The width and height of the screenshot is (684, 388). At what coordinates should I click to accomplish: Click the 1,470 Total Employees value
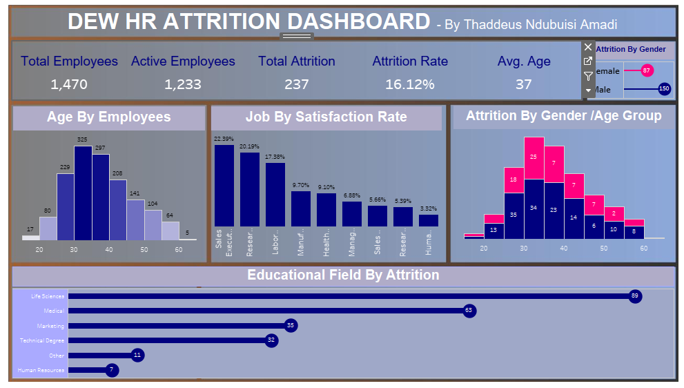69,84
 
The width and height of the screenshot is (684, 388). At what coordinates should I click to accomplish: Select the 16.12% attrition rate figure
410,84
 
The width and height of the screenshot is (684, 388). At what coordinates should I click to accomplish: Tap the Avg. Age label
524,61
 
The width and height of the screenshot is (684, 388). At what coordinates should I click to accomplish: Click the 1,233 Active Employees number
183,84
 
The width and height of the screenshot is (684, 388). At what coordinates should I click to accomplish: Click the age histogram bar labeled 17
30,237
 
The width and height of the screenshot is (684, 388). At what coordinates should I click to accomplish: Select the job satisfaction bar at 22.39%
224,185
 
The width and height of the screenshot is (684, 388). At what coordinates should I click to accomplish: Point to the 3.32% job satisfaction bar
429,220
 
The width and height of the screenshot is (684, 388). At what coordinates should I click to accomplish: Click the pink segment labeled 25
534,157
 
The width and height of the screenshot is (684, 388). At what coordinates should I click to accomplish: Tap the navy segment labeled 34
534,208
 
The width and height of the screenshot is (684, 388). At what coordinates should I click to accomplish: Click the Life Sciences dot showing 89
635,296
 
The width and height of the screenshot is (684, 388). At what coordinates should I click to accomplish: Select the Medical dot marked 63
469,311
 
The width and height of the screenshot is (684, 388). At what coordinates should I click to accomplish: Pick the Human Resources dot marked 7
111,370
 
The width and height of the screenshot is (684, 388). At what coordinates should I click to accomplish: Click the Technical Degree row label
42,340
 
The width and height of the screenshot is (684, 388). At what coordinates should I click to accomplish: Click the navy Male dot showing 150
664,88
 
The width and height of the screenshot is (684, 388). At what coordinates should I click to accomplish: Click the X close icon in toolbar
588,47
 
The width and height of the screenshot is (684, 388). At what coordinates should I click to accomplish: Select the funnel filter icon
588,76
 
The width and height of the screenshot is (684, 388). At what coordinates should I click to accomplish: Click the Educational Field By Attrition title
343,275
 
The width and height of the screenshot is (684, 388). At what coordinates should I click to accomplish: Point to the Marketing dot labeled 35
290,326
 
